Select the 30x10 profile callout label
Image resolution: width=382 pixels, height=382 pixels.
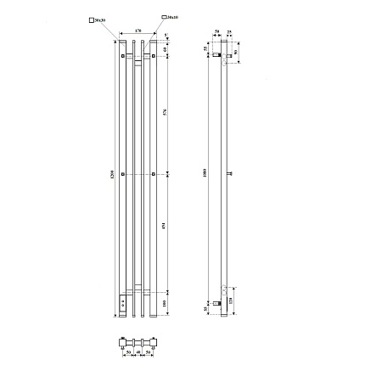[x=171, y=16]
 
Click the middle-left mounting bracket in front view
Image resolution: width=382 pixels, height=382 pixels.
[x=124, y=174]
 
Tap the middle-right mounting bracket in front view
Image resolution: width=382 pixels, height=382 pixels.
[x=153, y=174]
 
